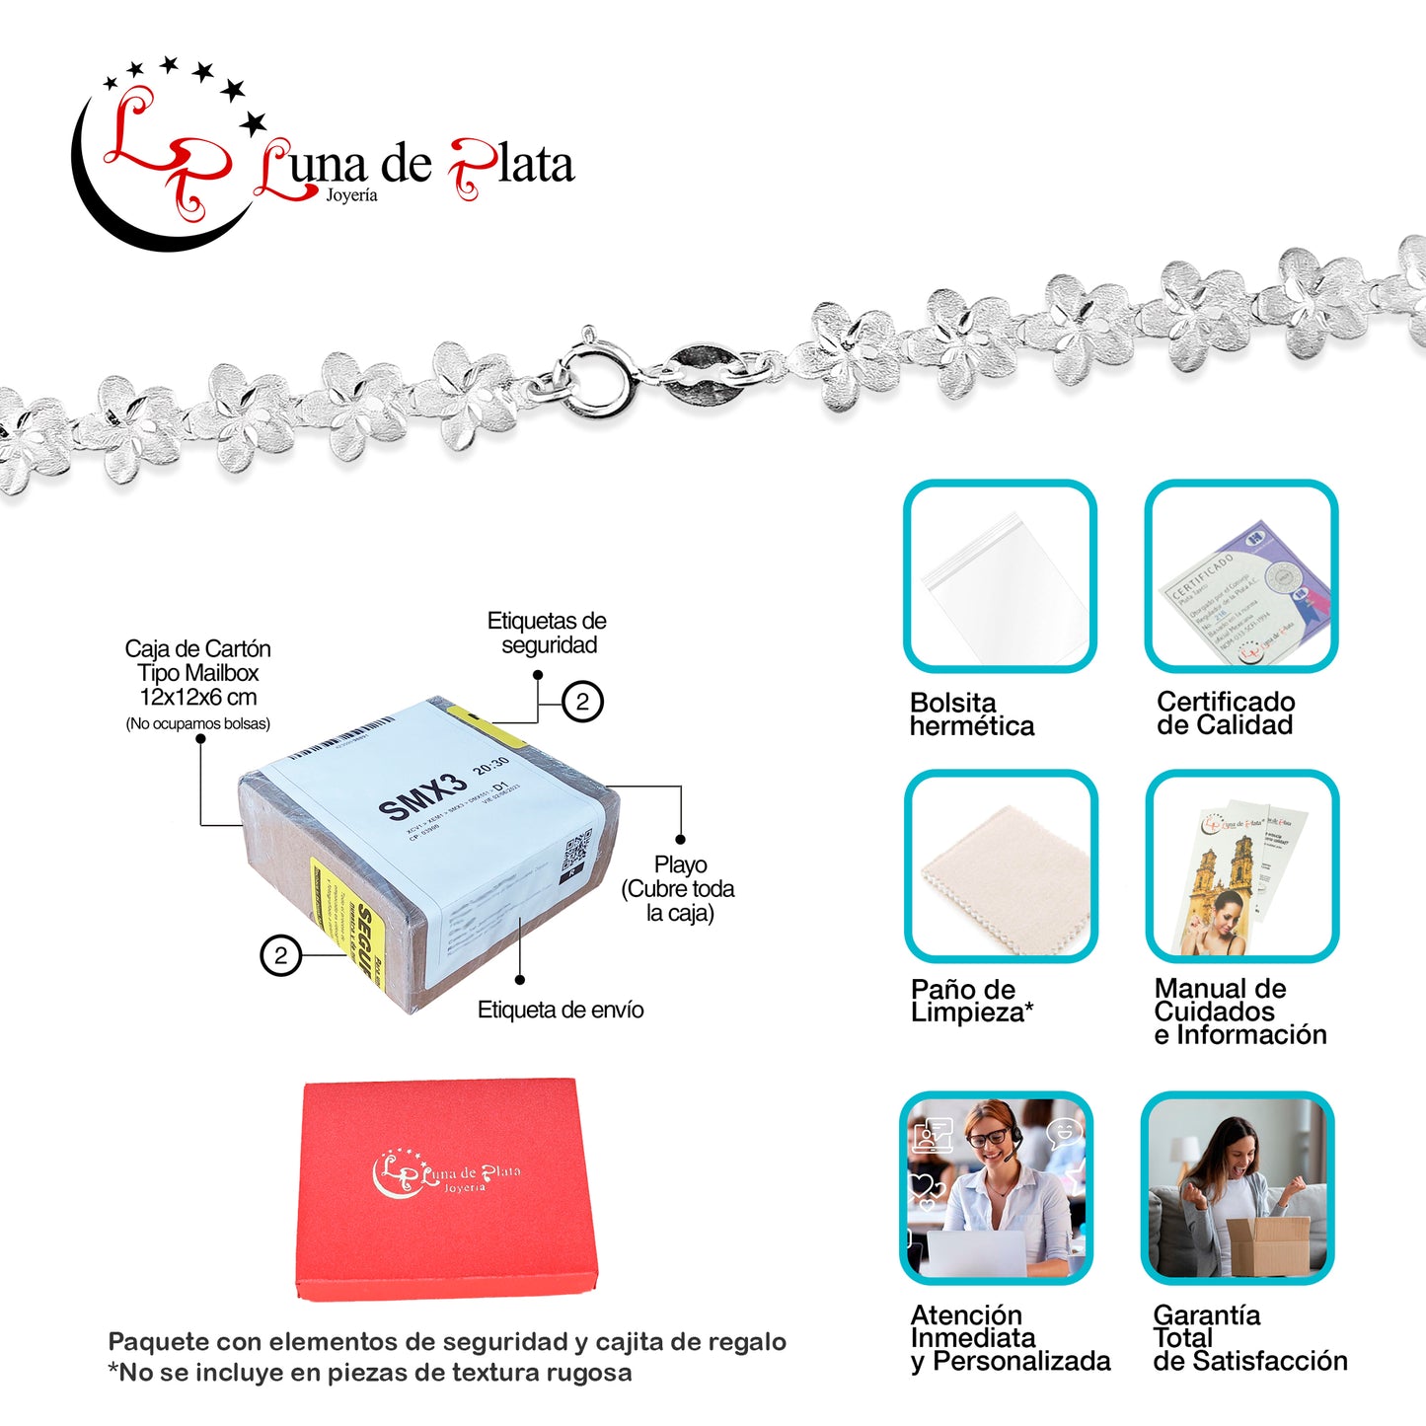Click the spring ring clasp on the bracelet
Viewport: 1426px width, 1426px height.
point(597,379)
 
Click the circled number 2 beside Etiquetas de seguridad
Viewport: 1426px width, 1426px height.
point(582,702)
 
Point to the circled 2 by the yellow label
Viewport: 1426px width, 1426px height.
point(280,955)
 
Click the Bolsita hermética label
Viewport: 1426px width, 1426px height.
point(971,714)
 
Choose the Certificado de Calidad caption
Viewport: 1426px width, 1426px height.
point(1225,713)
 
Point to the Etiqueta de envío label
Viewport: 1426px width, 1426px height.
point(560,1010)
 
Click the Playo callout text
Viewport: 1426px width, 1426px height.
point(679,888)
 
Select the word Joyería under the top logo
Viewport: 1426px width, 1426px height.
point(351,195)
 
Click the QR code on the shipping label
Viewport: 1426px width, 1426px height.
point(575,848)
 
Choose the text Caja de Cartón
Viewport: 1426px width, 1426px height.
point(197,649)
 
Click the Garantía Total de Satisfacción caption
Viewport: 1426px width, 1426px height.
point(1248,1338)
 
